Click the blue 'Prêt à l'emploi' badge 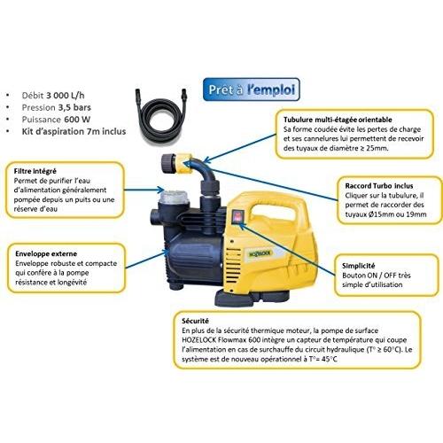tap(252, 89)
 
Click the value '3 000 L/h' tap(66, 96)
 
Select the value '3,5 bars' tap(74, 107)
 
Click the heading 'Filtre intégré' tap(35, 171)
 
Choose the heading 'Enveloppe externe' tap(46, 253)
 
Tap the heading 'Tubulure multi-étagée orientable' tap(338, 120)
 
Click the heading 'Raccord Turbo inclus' tap(379, 186)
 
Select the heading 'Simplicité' tap(358, 266)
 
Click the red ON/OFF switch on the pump tap(237, 217)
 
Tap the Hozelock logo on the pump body tap(260, 253)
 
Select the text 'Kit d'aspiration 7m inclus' tap(74, 131)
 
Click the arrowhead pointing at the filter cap tap(161, 190)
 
